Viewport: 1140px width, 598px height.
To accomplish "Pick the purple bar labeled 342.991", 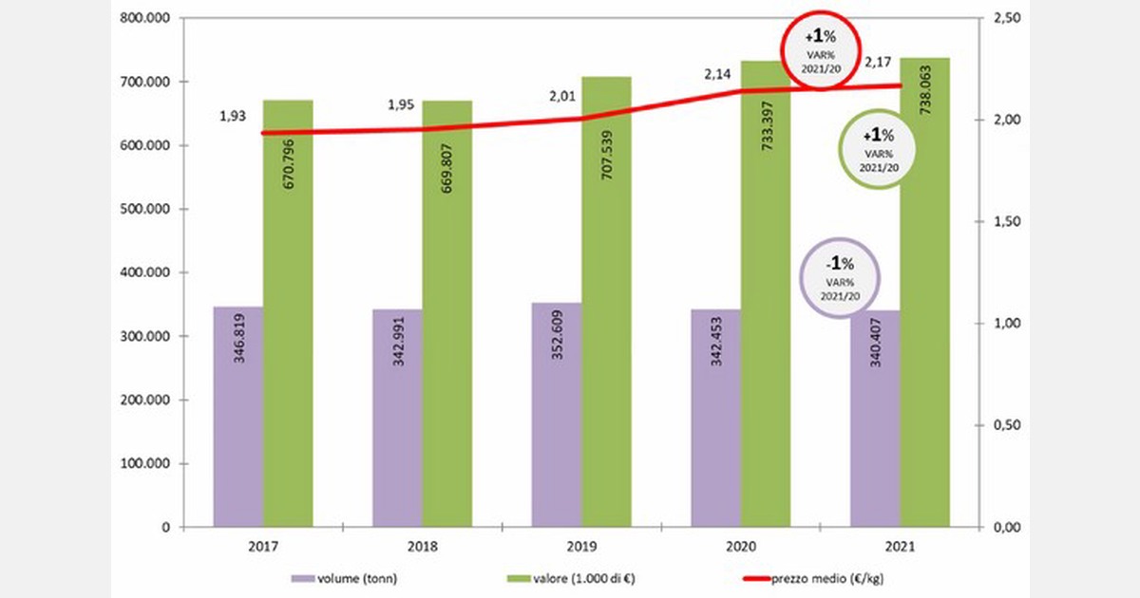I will (397, 418).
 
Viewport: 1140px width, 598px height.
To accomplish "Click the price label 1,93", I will (233, 116).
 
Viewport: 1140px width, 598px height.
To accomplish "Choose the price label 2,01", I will (558, 98).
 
